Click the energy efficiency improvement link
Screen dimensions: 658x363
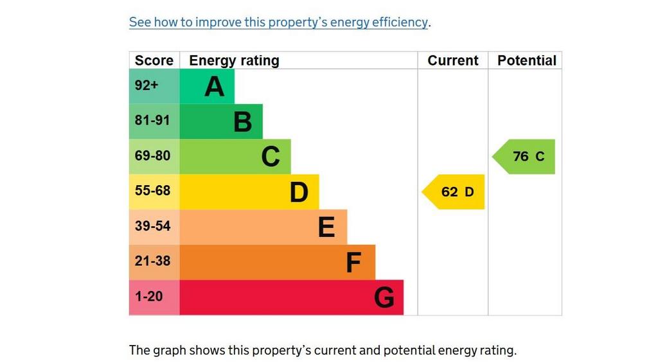[x=278, y=22]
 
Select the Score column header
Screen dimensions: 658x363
[x=154, y=60]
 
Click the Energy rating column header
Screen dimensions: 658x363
[x=234, y=60]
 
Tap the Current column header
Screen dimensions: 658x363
[x=453, y=60]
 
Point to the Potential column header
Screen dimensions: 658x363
[x=527, y=60]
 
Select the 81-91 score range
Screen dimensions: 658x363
[x=152, y=120]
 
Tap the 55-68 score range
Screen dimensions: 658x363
[x=152, y=191]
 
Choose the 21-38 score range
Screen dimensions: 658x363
[x=152, y=261]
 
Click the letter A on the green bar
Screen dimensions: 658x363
[x=215, y=87]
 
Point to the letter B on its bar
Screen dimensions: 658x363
[x=242, y=122]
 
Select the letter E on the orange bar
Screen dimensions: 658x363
[x=326, y=227]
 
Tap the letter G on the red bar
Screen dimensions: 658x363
[x=384, y=297]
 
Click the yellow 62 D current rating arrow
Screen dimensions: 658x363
[x=453, y=192]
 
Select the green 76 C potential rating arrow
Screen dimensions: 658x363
[x=523, y=157]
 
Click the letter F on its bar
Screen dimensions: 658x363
[x=353, y=263]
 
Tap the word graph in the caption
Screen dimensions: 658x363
[x=169, y=351]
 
